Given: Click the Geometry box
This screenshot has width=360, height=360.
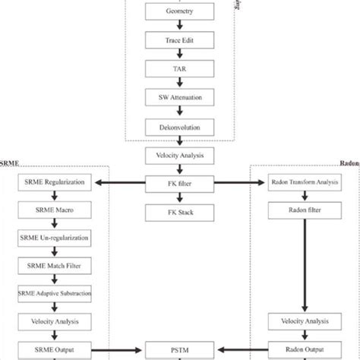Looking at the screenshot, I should [x=180, y=14].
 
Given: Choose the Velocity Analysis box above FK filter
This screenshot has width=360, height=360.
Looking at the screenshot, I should [x=180, y=155].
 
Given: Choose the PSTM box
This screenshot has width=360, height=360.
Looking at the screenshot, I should [x=180, y=349].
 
